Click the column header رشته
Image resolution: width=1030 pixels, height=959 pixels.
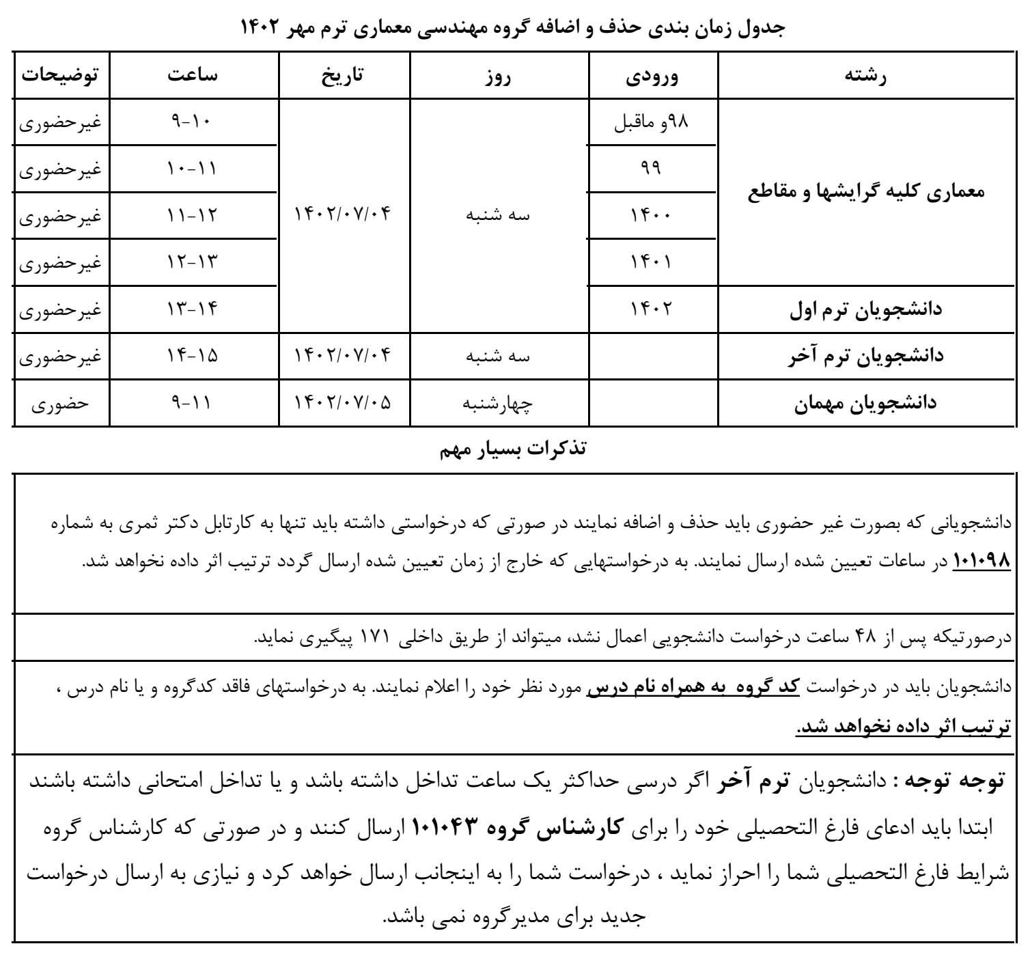(x=866, y=75)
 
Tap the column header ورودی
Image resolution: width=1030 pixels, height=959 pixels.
(x=652, y=75)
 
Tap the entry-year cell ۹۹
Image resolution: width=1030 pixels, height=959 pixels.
(x=652, y=169)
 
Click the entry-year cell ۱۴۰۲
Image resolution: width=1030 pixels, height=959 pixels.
(x=652, y=309)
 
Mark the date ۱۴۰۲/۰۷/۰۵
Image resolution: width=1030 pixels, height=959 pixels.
(x=344, y=403)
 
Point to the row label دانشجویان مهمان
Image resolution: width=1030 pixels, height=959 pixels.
(x=865, y=403)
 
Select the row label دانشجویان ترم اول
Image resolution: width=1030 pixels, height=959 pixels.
(x=865, y=309)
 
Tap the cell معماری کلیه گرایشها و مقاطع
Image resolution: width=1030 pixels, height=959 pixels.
(x=865, y=192)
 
